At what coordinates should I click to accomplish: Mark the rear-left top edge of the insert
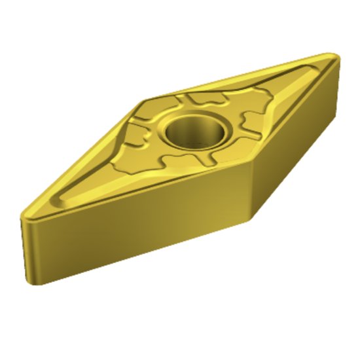point(85,151)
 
